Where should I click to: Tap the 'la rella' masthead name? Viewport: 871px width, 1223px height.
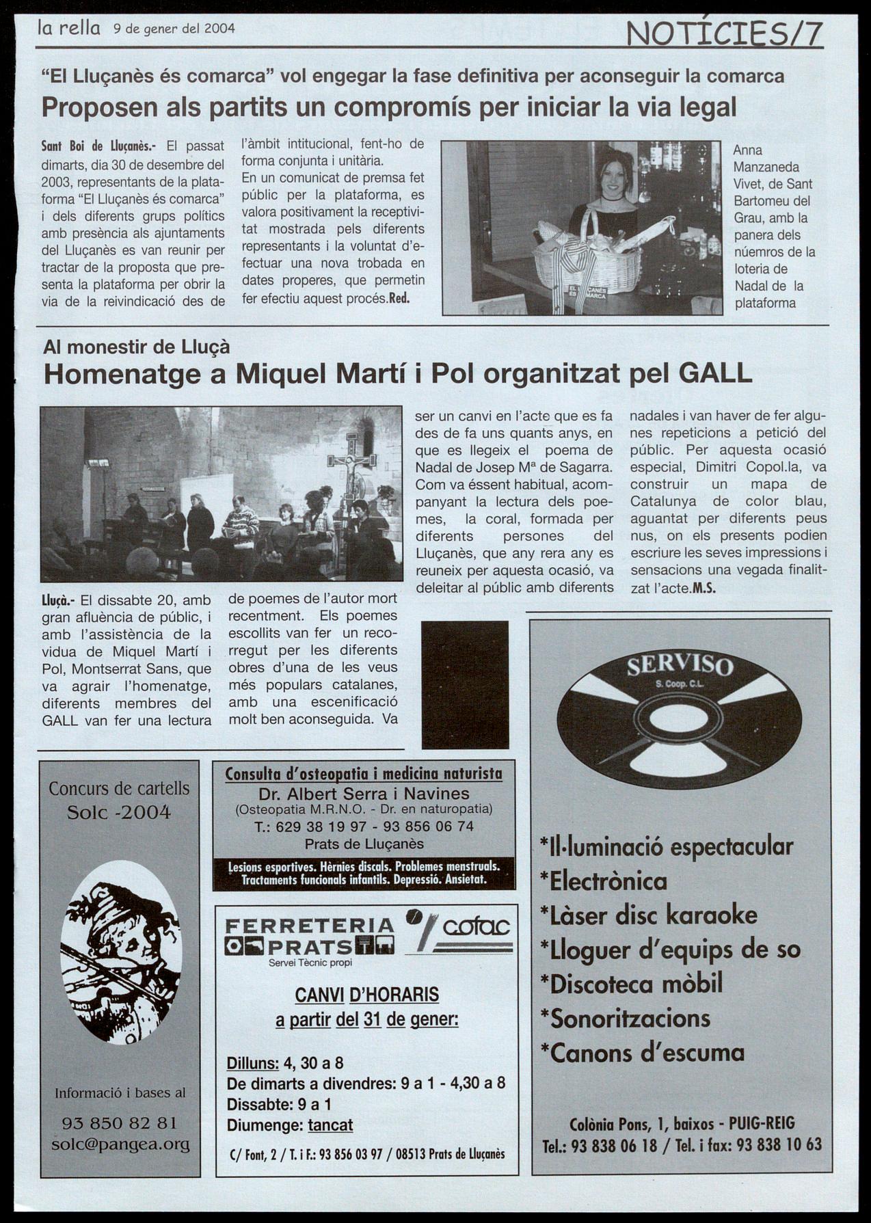click(x=69, y=28)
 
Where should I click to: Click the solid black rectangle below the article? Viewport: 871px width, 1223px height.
click(x=465, y=685)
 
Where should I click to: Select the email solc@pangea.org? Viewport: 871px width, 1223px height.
click(x=120, y=1144)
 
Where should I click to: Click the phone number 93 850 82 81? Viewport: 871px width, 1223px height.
click(x=120, y=1123)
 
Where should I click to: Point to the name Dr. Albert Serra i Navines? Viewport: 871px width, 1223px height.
click(x=364, y=794)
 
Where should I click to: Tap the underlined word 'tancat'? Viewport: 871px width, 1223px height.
click(x=330, y=1125)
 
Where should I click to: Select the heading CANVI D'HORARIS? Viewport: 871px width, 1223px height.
click(x=366, y=995)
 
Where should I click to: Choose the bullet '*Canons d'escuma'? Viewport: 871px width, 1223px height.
click(x=642, y=1052)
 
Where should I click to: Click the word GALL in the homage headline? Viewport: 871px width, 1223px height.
click(x=716, y=373)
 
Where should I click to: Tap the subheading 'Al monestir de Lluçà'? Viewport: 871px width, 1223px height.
click(x=136, y=347)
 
